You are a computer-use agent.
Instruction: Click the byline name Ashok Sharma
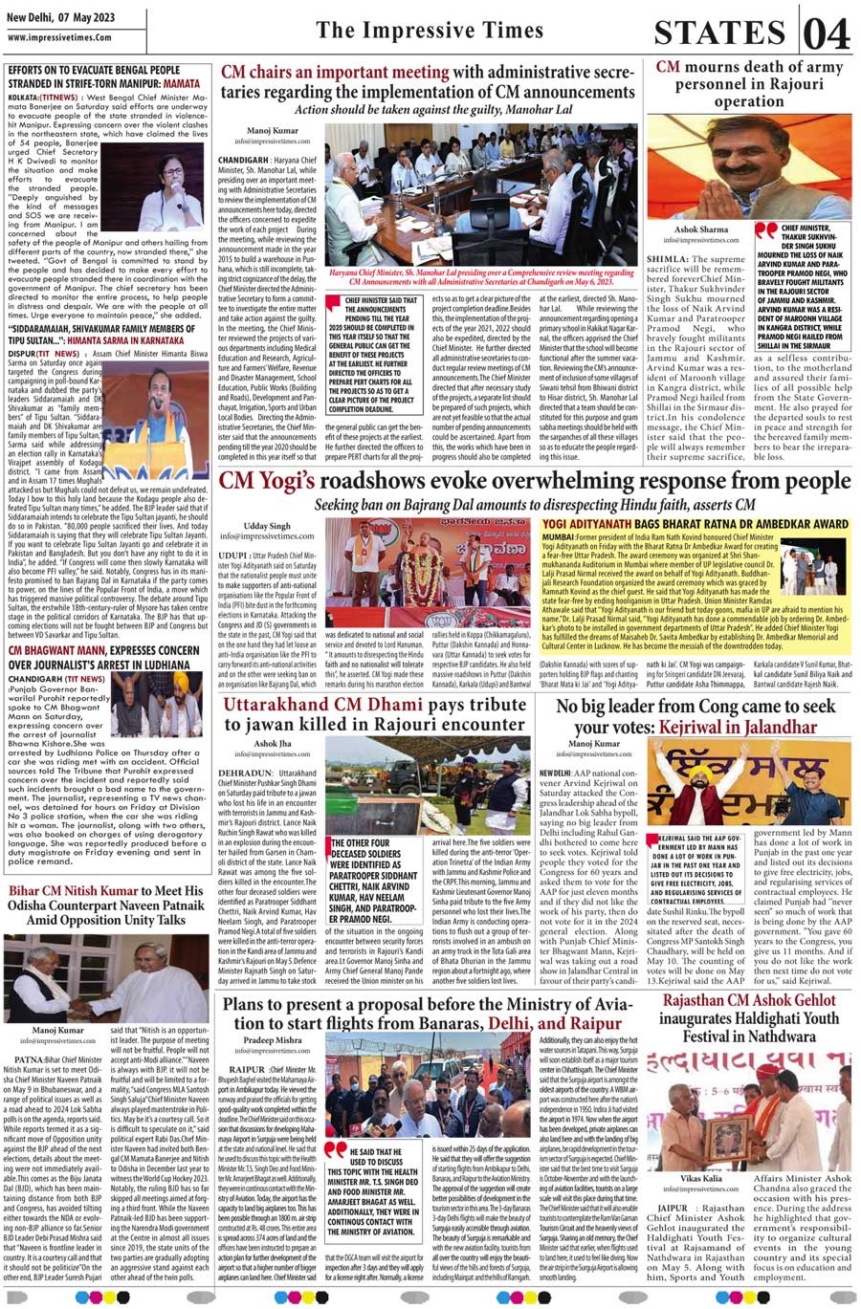tap(700, 230)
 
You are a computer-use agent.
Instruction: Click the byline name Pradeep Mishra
tap(272, 1039)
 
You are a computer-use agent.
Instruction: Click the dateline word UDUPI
tap(233, 555)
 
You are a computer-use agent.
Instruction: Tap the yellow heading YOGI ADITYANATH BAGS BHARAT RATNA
tap(695, 524)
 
